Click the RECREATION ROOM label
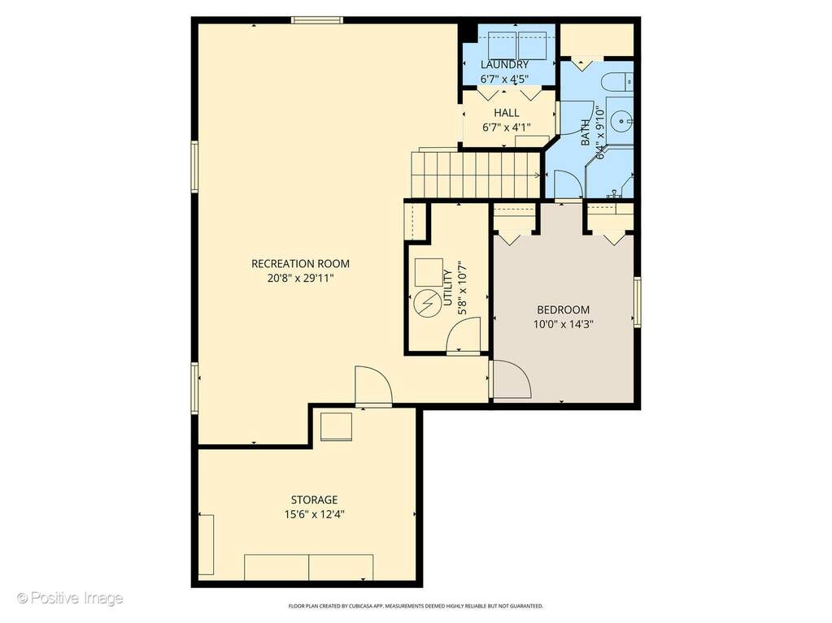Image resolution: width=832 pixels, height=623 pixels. pyautogui.click(x=300, y=263)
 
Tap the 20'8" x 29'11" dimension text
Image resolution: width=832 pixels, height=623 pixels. pyautogui.click(x=300, y=278)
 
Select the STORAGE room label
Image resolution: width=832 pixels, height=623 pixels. pyautogui.click(x=314, y=500)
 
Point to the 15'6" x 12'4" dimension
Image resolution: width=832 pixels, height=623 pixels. pyautogui.click(x=314, y=514)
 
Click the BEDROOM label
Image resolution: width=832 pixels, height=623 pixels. pyautogui.click(x=563, y=309)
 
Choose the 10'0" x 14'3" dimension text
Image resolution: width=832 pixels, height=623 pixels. pyautogui.click(x=563, y=324)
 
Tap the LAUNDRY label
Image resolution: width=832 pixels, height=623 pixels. pyautogui.click(x=504, y=65)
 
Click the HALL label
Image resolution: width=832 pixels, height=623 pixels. pyautogui.click(x=507, y=113)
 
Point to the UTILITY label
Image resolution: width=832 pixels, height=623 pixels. pyautogui.click(x=448, y=288)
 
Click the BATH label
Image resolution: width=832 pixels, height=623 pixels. pyautogui.click(x=586, y=132)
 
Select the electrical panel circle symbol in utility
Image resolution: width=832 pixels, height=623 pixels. pyautogui.click(x=426, y=303)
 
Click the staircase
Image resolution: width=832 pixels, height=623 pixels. pyautogui.click(x=476, y=175)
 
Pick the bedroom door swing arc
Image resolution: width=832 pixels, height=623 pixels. pyautogui.click(x=512, y=379)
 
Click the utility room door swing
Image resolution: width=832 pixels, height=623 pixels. pyautogui.click(x=464, y=335)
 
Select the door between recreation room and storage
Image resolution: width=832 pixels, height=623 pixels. pyautogui.click(x=373, y=387)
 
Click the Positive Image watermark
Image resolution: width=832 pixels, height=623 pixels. pyautogui.click(x=70, y=598)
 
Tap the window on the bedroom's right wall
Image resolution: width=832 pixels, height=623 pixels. pyautogui.click(x=638, y=301)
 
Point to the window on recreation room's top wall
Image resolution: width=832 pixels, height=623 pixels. pyautogui.click(x=316, y=20)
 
